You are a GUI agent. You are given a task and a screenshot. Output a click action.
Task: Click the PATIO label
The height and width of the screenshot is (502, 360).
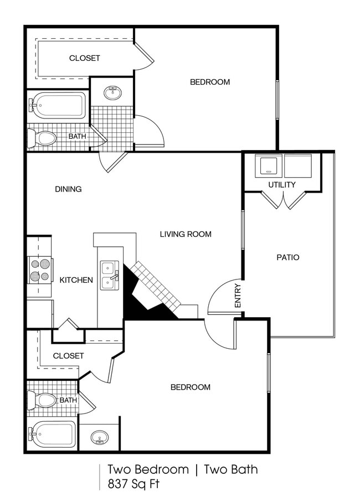287,257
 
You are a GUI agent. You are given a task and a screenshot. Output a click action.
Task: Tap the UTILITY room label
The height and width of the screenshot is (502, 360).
282,184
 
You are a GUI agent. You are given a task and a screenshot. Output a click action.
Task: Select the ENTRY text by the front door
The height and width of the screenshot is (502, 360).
238,296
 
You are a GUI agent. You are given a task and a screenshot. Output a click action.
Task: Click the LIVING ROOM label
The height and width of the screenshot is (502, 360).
186,234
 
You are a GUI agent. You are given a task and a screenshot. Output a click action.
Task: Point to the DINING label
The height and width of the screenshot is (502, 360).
68,189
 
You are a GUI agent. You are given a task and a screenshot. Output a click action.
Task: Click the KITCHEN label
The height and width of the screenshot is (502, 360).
76,280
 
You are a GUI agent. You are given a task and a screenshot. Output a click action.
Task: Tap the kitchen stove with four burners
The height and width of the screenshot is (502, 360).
40,270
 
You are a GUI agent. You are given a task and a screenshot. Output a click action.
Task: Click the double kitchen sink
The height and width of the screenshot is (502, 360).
109,276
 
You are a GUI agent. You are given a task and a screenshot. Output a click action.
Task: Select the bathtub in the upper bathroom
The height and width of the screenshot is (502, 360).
59,105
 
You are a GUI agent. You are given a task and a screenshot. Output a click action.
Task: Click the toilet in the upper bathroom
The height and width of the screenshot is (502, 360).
43,138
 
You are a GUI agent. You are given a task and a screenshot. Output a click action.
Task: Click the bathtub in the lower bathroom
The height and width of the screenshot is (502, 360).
53,435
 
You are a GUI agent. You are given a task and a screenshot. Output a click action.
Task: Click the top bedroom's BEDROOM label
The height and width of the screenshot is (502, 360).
210,82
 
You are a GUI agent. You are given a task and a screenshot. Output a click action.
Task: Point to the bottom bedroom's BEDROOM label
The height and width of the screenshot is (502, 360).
190,387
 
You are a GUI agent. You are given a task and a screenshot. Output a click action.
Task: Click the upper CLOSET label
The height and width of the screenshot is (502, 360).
85,58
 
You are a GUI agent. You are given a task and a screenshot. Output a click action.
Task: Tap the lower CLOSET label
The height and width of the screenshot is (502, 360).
68,356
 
